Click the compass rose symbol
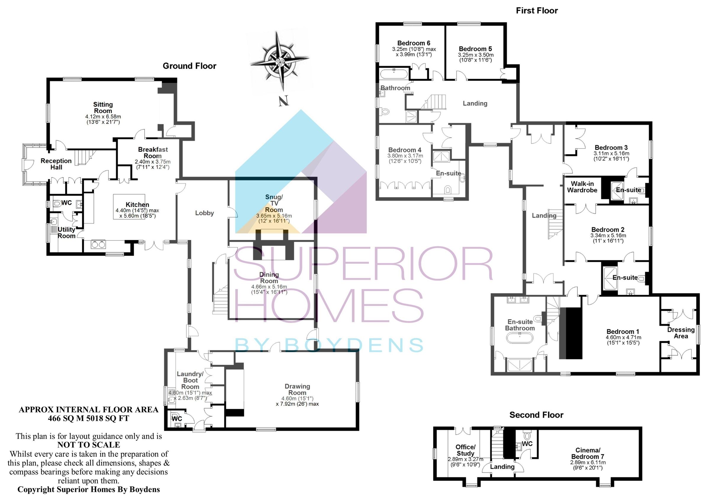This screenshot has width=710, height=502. pyautogui.click(x=280, y=60)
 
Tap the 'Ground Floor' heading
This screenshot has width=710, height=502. pyautogui.click(x=190, y=66)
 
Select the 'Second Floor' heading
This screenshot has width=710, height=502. pyautogui.click(x=537, y=415)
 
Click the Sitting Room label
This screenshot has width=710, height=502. pyautogui.click(x=103, y=108)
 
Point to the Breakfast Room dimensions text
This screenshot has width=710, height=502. pyautogui.click(x=152, y=164)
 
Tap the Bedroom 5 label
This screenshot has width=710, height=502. pyautogui.click(x=475, y=49)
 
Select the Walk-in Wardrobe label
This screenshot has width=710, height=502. pyautogui.click(x=582, y=187)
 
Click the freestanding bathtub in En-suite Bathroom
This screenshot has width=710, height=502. pyautogui.click(x=519, y=338)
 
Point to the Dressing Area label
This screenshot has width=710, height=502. pyautogui.click(x=681, y=333)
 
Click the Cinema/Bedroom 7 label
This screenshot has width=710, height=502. pyautogui.click(x=588, y=453)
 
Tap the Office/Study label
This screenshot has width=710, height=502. pyautogui.click(x=465, y=450)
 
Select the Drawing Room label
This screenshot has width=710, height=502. pyautogui.click(x=297, y=389)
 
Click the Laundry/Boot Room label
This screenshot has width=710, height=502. pyautogui.click(x=190, y=380)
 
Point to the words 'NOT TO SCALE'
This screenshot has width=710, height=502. pyautogui.click(x=89, y=445)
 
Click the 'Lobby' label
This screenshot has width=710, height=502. pyautogui.click(x=204, y=213)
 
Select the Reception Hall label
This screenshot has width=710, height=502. pyautogui.click(x=56, y=164)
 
